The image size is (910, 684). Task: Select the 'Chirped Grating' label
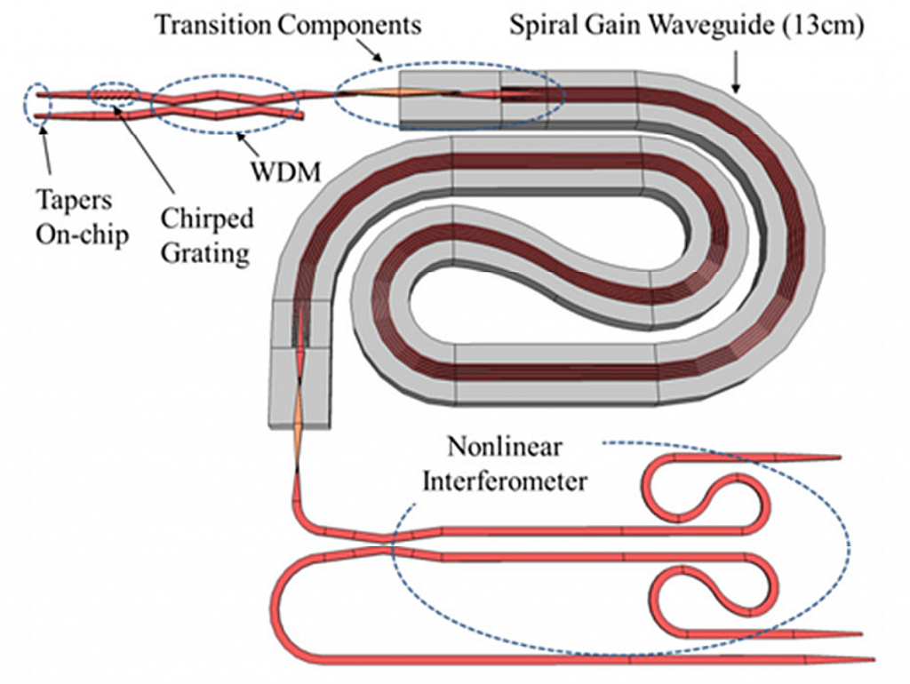207,235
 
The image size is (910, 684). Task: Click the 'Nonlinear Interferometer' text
504,463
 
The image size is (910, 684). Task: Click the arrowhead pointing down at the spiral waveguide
736,87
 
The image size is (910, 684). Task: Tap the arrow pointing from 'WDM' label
249,141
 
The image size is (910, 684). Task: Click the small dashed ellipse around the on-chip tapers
39,104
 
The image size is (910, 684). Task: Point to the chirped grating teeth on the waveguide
114,92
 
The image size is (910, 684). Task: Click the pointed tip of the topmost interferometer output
835,458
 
